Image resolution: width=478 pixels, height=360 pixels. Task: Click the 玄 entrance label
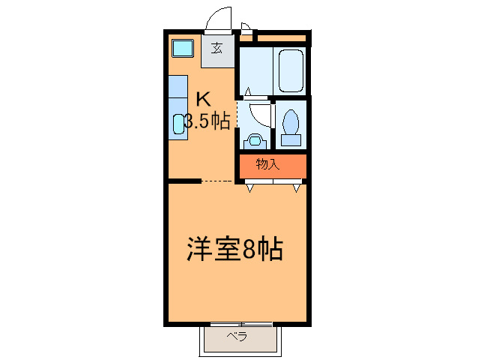coord(217,49)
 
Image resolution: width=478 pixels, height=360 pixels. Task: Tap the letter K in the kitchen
coord(203,97)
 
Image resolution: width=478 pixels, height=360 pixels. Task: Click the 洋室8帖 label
coord(234,248)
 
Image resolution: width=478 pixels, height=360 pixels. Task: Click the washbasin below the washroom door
coord(255,139)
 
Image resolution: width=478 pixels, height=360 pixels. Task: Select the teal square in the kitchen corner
coord(182,49)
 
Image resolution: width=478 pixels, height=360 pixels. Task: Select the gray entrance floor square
coord(217,53)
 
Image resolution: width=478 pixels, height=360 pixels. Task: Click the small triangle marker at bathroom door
coord(246,92)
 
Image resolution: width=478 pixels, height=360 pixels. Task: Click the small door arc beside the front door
coord(245,28)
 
